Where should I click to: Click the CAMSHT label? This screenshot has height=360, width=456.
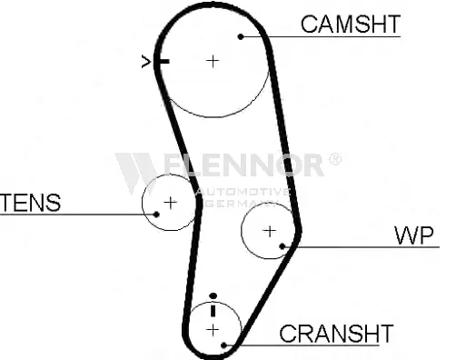pos(351,25)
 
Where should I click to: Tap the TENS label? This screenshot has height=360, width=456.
pos(31,203)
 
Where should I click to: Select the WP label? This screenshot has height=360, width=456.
pos(414,235)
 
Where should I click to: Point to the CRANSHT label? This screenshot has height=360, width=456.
pos(336,334)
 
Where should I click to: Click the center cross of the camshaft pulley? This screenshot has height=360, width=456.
pos(213,62)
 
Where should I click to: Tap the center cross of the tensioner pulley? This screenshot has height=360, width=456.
pos(170,203)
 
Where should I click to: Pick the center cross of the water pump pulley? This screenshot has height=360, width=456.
pos(270,232)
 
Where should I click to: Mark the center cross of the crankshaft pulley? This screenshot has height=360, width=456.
pos(213,330)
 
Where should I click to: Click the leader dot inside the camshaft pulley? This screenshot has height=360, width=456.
pos(241,36)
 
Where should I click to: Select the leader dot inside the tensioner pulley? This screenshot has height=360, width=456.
pos(156,215)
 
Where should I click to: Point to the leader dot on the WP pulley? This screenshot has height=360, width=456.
pos(283,246)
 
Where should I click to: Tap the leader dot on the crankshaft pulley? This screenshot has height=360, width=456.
pos(224,345)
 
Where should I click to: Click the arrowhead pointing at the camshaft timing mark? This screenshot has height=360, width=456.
pos(146,62)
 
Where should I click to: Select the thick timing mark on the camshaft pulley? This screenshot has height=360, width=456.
pos(164,62)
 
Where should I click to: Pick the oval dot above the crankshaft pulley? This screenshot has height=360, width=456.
pos(213,295)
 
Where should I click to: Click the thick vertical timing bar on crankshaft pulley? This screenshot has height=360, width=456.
pos(213,311)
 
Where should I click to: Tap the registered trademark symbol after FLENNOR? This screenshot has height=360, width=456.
pos(335,159)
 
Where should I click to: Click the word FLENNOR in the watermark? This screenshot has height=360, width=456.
pos(243,165)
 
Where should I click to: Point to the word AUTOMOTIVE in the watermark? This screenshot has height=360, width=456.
pos(243,192)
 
